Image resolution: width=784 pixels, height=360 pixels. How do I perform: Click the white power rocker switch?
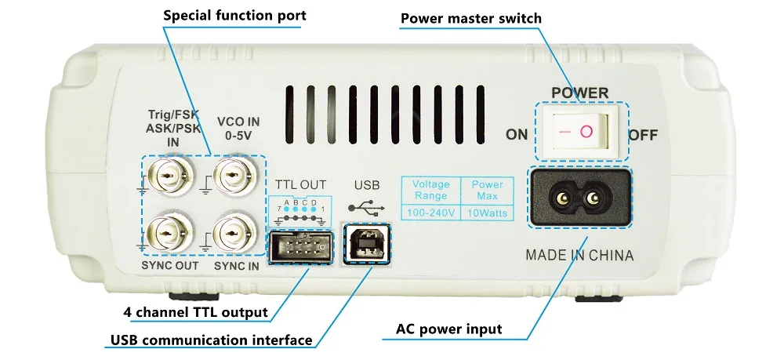(581, 131)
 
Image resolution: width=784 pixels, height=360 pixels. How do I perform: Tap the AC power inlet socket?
(581, 198)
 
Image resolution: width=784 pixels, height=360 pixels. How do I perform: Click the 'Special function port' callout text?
(234, 16)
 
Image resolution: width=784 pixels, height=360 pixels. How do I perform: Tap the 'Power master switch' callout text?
(482, 18)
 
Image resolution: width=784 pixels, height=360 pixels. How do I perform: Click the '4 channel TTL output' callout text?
(196, 312)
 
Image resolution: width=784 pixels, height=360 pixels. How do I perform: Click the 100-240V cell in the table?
(430, 213)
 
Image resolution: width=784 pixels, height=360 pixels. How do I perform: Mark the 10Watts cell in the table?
(487, 213)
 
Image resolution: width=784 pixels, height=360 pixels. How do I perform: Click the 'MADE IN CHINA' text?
(579, 255)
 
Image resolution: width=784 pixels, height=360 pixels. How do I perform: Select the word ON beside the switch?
(517, 135)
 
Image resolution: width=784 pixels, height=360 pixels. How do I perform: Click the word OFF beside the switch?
(642, 135)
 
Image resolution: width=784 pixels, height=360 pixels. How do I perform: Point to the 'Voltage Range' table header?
(430, 190)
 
